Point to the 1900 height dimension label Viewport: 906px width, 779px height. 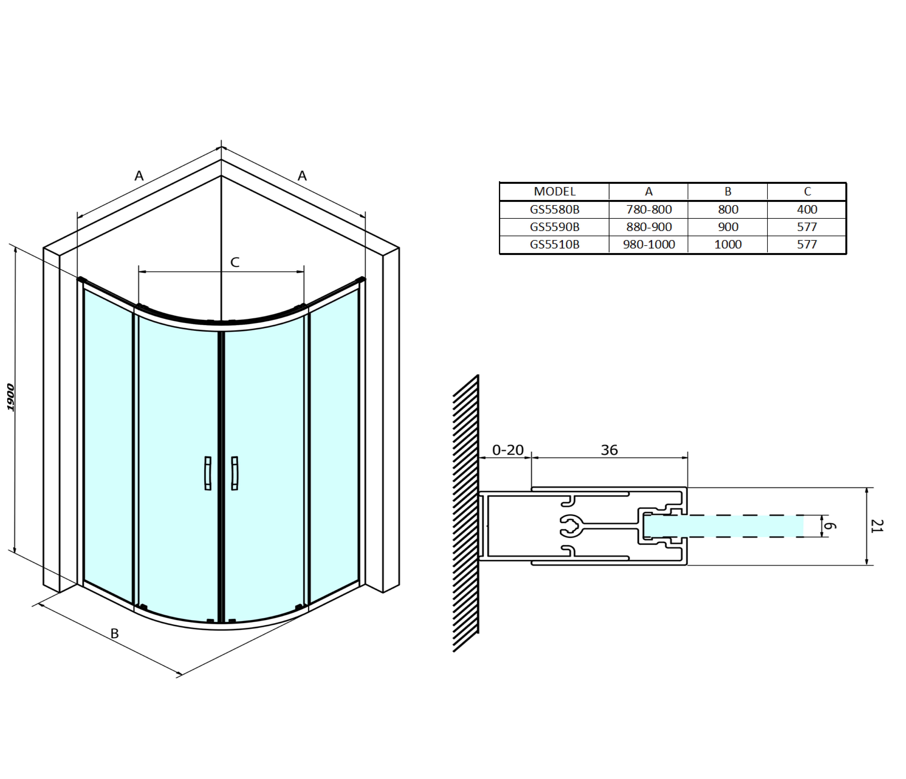click(x=11, y=397)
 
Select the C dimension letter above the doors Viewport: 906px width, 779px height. click(x=235, y=262)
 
